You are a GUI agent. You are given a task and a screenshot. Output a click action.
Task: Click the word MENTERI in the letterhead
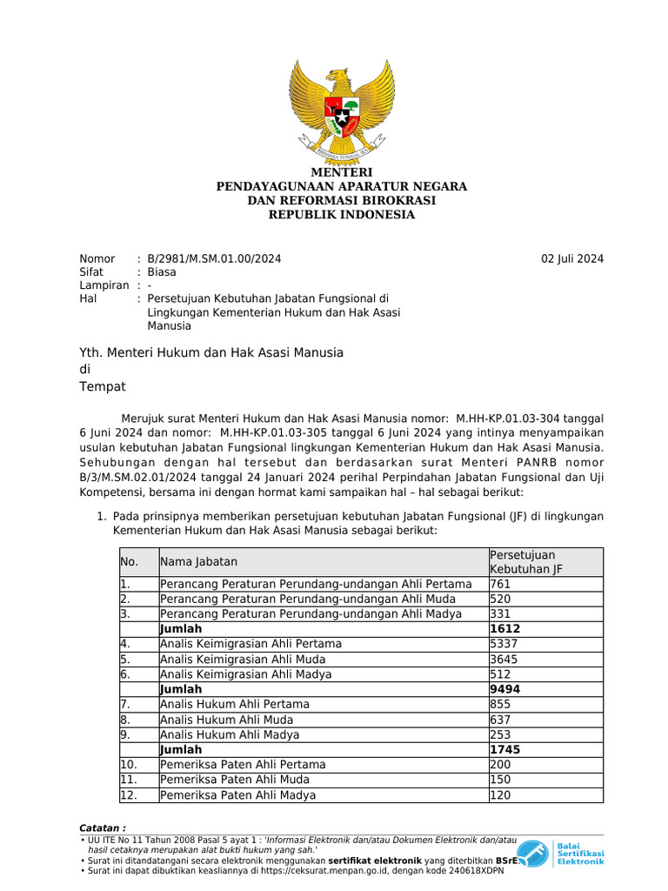pyautogui.click(x=341, y=172)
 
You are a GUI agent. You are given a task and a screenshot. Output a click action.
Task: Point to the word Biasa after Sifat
pyautogui.click(x=162, y=271)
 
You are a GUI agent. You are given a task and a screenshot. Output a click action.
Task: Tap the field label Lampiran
pyautogui.click(x=104, y=285)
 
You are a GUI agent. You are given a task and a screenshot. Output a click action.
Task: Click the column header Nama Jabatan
pyautogui.click(x=198, y=562)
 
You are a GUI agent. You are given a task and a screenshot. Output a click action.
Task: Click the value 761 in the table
pyautogui.click(x=501, y=584)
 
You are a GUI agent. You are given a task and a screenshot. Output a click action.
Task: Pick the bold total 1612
pyautogui.click(x=505, y=628)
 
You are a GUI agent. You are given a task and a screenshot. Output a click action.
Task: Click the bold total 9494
pyautogui.click(x=505, y=689)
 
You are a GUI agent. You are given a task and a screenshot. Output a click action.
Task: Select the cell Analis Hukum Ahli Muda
pyautogui.click(x=226, y=720)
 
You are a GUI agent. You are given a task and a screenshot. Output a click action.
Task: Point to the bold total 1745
pyautogui.click(x=505, y=749)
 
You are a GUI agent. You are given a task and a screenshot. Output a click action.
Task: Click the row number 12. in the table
pyautogui.click(x=129, y=794)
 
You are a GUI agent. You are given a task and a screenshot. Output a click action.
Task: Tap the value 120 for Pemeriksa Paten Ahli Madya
pyautogui.click(x=501, y=794)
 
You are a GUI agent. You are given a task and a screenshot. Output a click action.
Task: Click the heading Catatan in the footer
pyautogui.click(x=103, y=827)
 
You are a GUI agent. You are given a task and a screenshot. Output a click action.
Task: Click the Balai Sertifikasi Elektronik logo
pyautogui.click(x=561, y=853)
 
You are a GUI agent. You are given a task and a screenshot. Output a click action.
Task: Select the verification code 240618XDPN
pyautogui.click(x=477, y=870)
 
